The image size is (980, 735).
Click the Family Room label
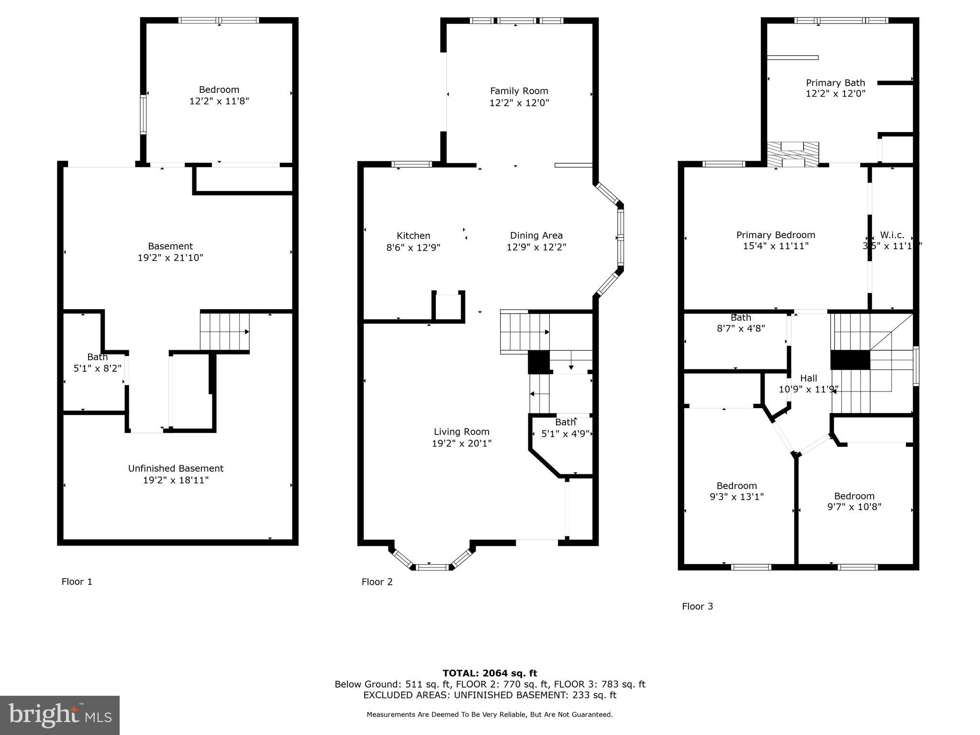point(519,91)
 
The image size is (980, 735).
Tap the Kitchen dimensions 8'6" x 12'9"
point(413,247)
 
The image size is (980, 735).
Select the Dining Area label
point(536,235)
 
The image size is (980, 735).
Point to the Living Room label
point(461,432)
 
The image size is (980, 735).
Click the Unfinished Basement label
point(176,468)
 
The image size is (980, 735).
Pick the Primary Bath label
point(835,83)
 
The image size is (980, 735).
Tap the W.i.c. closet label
point(892,235)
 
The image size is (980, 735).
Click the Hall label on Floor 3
point(808,378)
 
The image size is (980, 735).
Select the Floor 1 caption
point(77,581)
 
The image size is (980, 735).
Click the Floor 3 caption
point(697,606)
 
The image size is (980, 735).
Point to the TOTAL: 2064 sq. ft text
point(490,673)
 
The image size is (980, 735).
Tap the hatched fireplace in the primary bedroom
point(793,155)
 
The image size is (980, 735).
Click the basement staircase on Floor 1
point(224,332)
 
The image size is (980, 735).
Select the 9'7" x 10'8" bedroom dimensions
point(854,507)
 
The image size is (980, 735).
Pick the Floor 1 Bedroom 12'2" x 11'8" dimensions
point(219,101)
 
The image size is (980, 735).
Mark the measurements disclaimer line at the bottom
point(490,714)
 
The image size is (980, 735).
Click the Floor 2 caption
point(377,581)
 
